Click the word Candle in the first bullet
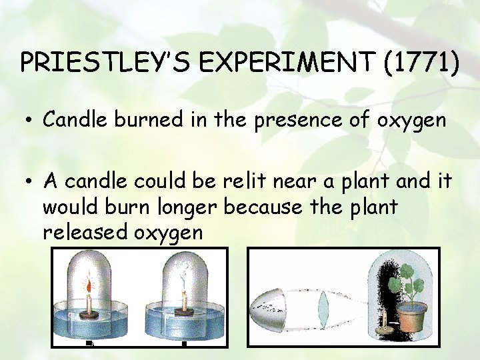[74, 120]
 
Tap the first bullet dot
[30, 121]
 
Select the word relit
[232, 181]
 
